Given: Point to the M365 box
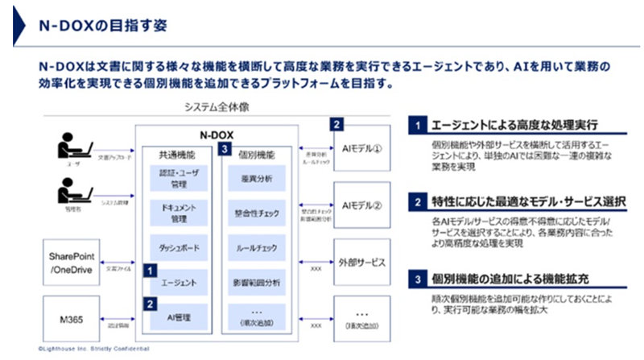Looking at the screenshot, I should (73, 317).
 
